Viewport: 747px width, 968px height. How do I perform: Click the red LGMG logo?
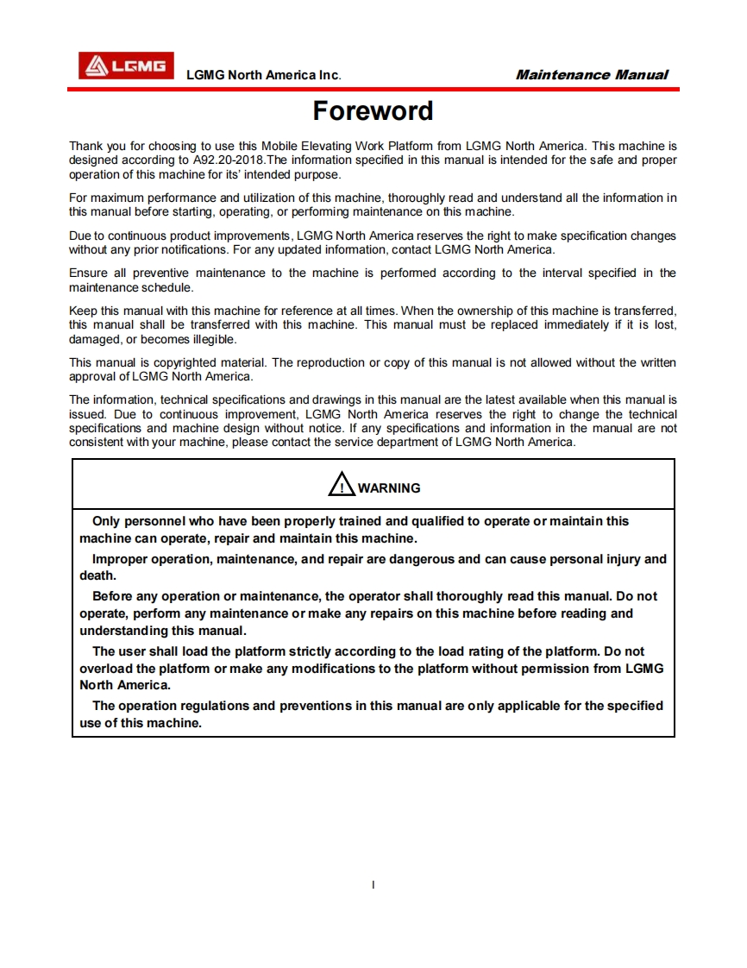tap(126, 66)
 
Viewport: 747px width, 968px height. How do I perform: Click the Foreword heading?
tap(373, 111)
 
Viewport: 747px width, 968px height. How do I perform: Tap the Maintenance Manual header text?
tap(592, 75)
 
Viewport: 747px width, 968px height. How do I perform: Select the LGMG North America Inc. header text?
tap(264, 75)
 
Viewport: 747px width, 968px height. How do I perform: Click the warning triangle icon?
tap(342, 485)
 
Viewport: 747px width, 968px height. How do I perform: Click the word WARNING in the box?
tap(389, 488)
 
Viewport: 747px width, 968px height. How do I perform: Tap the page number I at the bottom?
tap(373, 884)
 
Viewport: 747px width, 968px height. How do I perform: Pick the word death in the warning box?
tap(97, 575)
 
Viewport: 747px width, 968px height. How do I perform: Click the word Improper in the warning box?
tap(120, 559)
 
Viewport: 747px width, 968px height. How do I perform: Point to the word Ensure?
tap(88, 273)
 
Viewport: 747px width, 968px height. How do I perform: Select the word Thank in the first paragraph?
tap(85, 147)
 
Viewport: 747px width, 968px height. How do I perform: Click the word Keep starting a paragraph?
tap(83, 311)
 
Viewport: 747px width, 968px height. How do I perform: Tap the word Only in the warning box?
tap(106, 521)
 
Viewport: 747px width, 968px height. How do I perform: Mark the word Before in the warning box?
tap(113, 596)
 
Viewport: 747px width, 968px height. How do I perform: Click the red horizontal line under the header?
tap(373, 89)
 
